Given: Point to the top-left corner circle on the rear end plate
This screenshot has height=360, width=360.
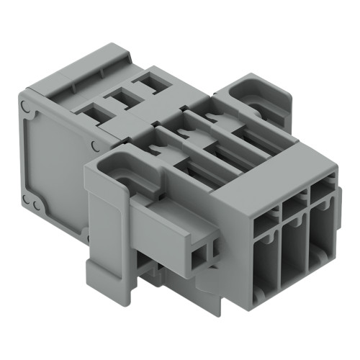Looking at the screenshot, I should click(27, 108).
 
